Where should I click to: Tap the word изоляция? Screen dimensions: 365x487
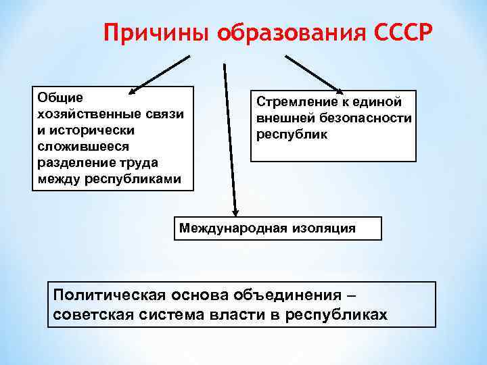click(324, 228)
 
